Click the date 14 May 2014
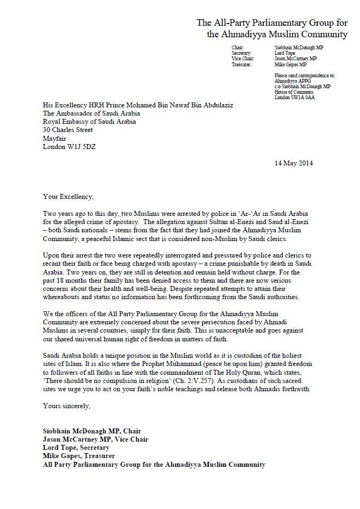293,163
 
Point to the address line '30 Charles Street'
68,130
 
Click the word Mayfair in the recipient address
55,139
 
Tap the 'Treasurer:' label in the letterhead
242,65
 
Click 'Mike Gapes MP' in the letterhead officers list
290,65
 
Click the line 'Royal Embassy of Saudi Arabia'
89,122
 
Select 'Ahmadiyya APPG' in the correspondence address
289,81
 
